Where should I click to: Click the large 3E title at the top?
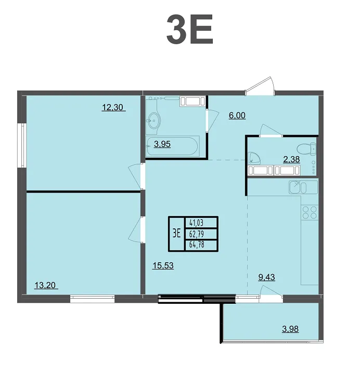[189, 29]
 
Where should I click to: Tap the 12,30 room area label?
[112, 107]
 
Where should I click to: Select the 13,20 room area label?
[45, 285]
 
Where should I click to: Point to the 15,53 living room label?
[163, 265]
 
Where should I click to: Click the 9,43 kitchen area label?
[266, 277]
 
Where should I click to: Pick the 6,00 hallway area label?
[237, 115]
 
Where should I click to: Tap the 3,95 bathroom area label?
[162, 144]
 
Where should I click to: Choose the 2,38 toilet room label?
[291, 160]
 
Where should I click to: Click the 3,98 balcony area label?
[290, 329]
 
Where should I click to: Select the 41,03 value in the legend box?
[197, 223]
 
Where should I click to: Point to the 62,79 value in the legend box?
[197, 234]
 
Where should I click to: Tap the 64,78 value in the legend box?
[197, 245]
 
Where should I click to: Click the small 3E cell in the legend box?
[176, 233]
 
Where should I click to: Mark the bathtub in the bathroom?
[172, 146]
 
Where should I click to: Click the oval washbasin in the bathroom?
[153, 121]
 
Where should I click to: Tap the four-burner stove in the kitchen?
[310, 213]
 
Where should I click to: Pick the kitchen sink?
[303, 187]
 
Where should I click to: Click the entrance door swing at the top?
[261, 86]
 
